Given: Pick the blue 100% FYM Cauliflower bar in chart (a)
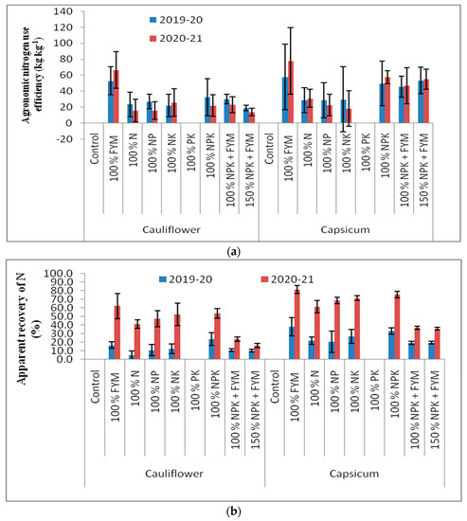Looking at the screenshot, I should click(112, 101).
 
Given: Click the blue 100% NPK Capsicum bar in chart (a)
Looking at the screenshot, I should click(383, 102).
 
